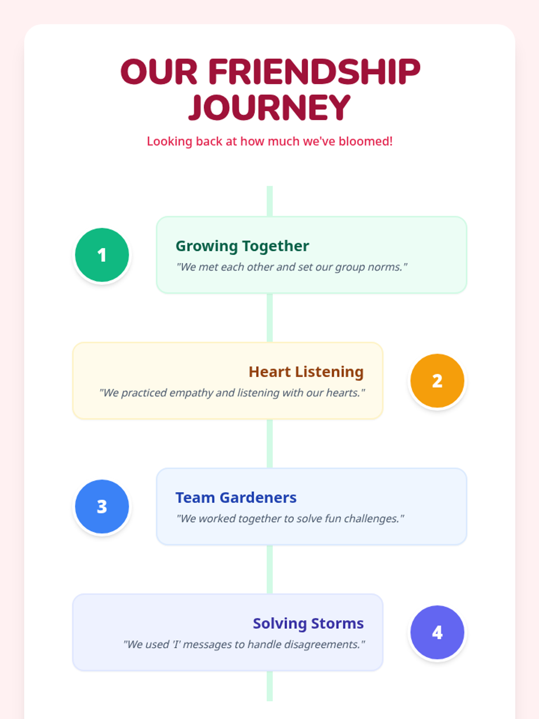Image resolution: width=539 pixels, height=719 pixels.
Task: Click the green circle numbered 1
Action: point(102,255)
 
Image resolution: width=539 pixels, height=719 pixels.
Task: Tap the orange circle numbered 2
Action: point(437,381)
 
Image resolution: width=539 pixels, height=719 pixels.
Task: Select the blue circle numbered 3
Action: point(102,506)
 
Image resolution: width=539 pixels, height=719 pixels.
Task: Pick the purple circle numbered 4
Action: point(437,632)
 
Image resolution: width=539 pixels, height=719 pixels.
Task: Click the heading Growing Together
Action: point(242,246)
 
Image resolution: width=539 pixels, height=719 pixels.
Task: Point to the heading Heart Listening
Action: point(306,372)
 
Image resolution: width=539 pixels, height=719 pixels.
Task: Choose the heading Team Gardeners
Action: point(236,497)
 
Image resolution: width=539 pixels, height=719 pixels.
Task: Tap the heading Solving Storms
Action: point(308,623)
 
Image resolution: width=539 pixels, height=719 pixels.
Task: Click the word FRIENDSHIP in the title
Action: point(314,72)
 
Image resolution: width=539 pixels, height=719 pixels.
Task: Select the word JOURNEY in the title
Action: point(269,108)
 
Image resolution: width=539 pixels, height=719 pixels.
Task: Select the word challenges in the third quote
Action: point(371,519)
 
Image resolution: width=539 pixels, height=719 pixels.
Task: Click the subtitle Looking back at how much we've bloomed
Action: point(269,141)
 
